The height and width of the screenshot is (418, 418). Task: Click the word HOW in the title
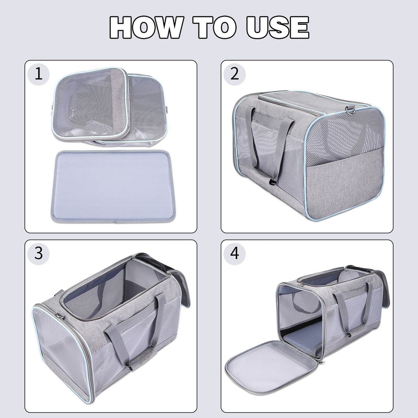[x=145, y=28]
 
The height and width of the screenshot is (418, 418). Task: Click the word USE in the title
[x=278, y=28]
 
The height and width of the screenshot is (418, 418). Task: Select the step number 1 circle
[x=39, y=75]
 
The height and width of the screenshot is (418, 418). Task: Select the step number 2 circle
[x=235, y=75]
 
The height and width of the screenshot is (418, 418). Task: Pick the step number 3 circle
[x=39, y=254]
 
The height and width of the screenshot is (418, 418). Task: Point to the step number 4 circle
[x=235, y=254]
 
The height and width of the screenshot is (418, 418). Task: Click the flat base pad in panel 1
[x=111, y=186]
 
